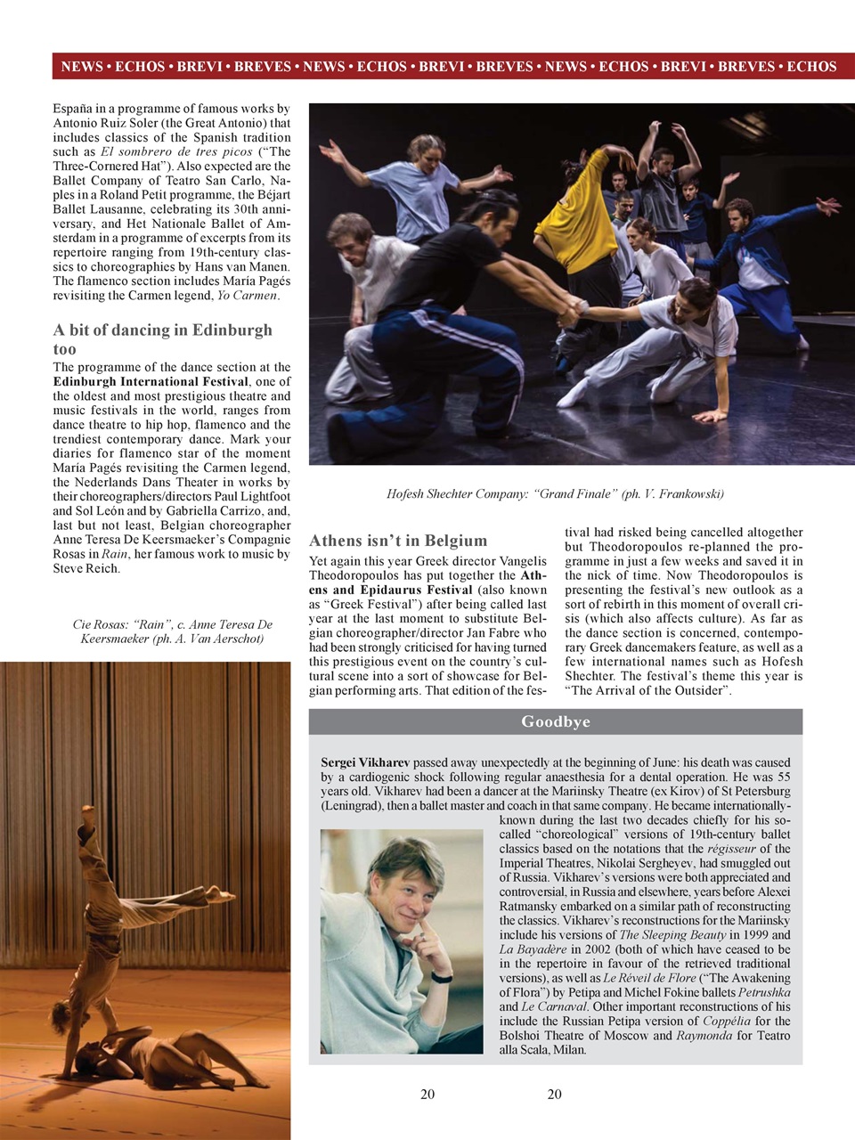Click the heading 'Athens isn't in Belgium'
398,541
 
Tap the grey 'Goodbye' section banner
555,721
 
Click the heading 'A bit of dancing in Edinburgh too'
162,339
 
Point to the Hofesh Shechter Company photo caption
555,493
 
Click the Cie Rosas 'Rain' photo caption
172,631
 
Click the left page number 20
427,1095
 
